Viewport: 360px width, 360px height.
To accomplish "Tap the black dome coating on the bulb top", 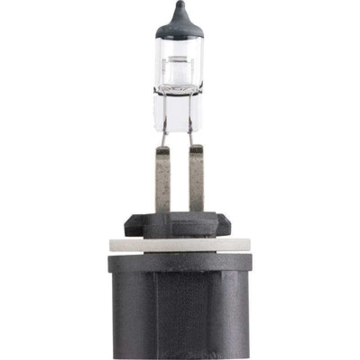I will (x=180, y=27).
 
